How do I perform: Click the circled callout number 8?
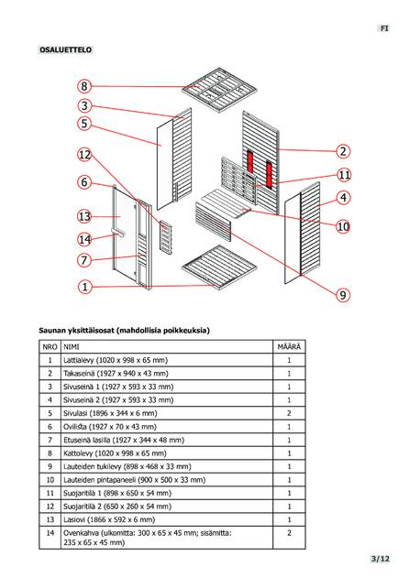[x=84, y=86]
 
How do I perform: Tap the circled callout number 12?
[x=84, y=155]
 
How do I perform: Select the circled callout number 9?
[x=343, y=295]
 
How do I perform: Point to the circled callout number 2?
[x=343, y=151]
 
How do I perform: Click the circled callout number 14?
[x=84, y=239]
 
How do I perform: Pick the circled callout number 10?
[x=343, y=226]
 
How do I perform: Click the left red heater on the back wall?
[x=250, y=162]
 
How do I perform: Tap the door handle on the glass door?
[x=117, y=232]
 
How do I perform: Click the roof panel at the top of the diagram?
[x=220, y=90]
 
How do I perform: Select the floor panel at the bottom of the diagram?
[x=219, y=267]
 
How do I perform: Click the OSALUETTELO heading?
[x=65, y=49]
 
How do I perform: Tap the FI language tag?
[x=384, y=28]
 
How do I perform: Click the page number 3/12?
[x=381, y=559]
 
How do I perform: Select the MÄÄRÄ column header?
[x=289, y=347]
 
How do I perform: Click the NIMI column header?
[x=72, y=347]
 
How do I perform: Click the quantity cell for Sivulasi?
[x=289, y=413]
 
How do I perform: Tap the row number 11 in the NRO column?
[x=50, y=493]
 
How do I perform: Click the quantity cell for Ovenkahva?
[x=289, y=538]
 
